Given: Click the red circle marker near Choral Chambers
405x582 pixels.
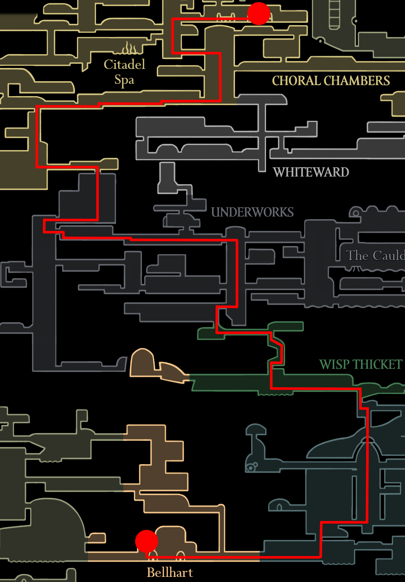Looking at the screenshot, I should pyautogui.click(x=258, y=14).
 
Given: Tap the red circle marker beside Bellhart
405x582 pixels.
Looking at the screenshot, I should pyautogui.click(x=146, y=541).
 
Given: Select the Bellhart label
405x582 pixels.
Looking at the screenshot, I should pyautogui.click(x=170, y=572).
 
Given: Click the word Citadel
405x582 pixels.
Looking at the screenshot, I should pyautogui.click(x=124, y=64).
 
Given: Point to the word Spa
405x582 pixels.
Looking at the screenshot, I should pyautogui.click(x=124, y=80).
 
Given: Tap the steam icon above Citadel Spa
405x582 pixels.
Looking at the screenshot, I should pyautogui.click(x=130, y=48).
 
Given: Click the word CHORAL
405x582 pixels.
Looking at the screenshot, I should pyautogui.click(x=296, y=81).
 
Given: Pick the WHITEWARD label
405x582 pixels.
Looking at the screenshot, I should pyautogui.click(x=311, y=172).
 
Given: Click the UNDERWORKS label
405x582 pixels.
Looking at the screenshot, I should pyautogui.click(x=252, y=212).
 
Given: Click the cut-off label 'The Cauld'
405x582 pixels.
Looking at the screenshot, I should pyautogui.click(x=375, y=255).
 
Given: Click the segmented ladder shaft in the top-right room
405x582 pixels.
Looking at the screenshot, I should pyautogui.click(x=334, y=15).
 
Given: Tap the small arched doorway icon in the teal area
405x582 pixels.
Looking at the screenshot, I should pyautogui.click(x=279, y=507).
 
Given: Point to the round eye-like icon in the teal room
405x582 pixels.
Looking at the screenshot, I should pyautogui.click(x=251, y=468).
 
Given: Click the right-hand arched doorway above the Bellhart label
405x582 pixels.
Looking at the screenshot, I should pyautogui.click(x=181, y=555).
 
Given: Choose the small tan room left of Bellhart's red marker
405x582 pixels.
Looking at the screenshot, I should pyautogui.click(x=97, y=538).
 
